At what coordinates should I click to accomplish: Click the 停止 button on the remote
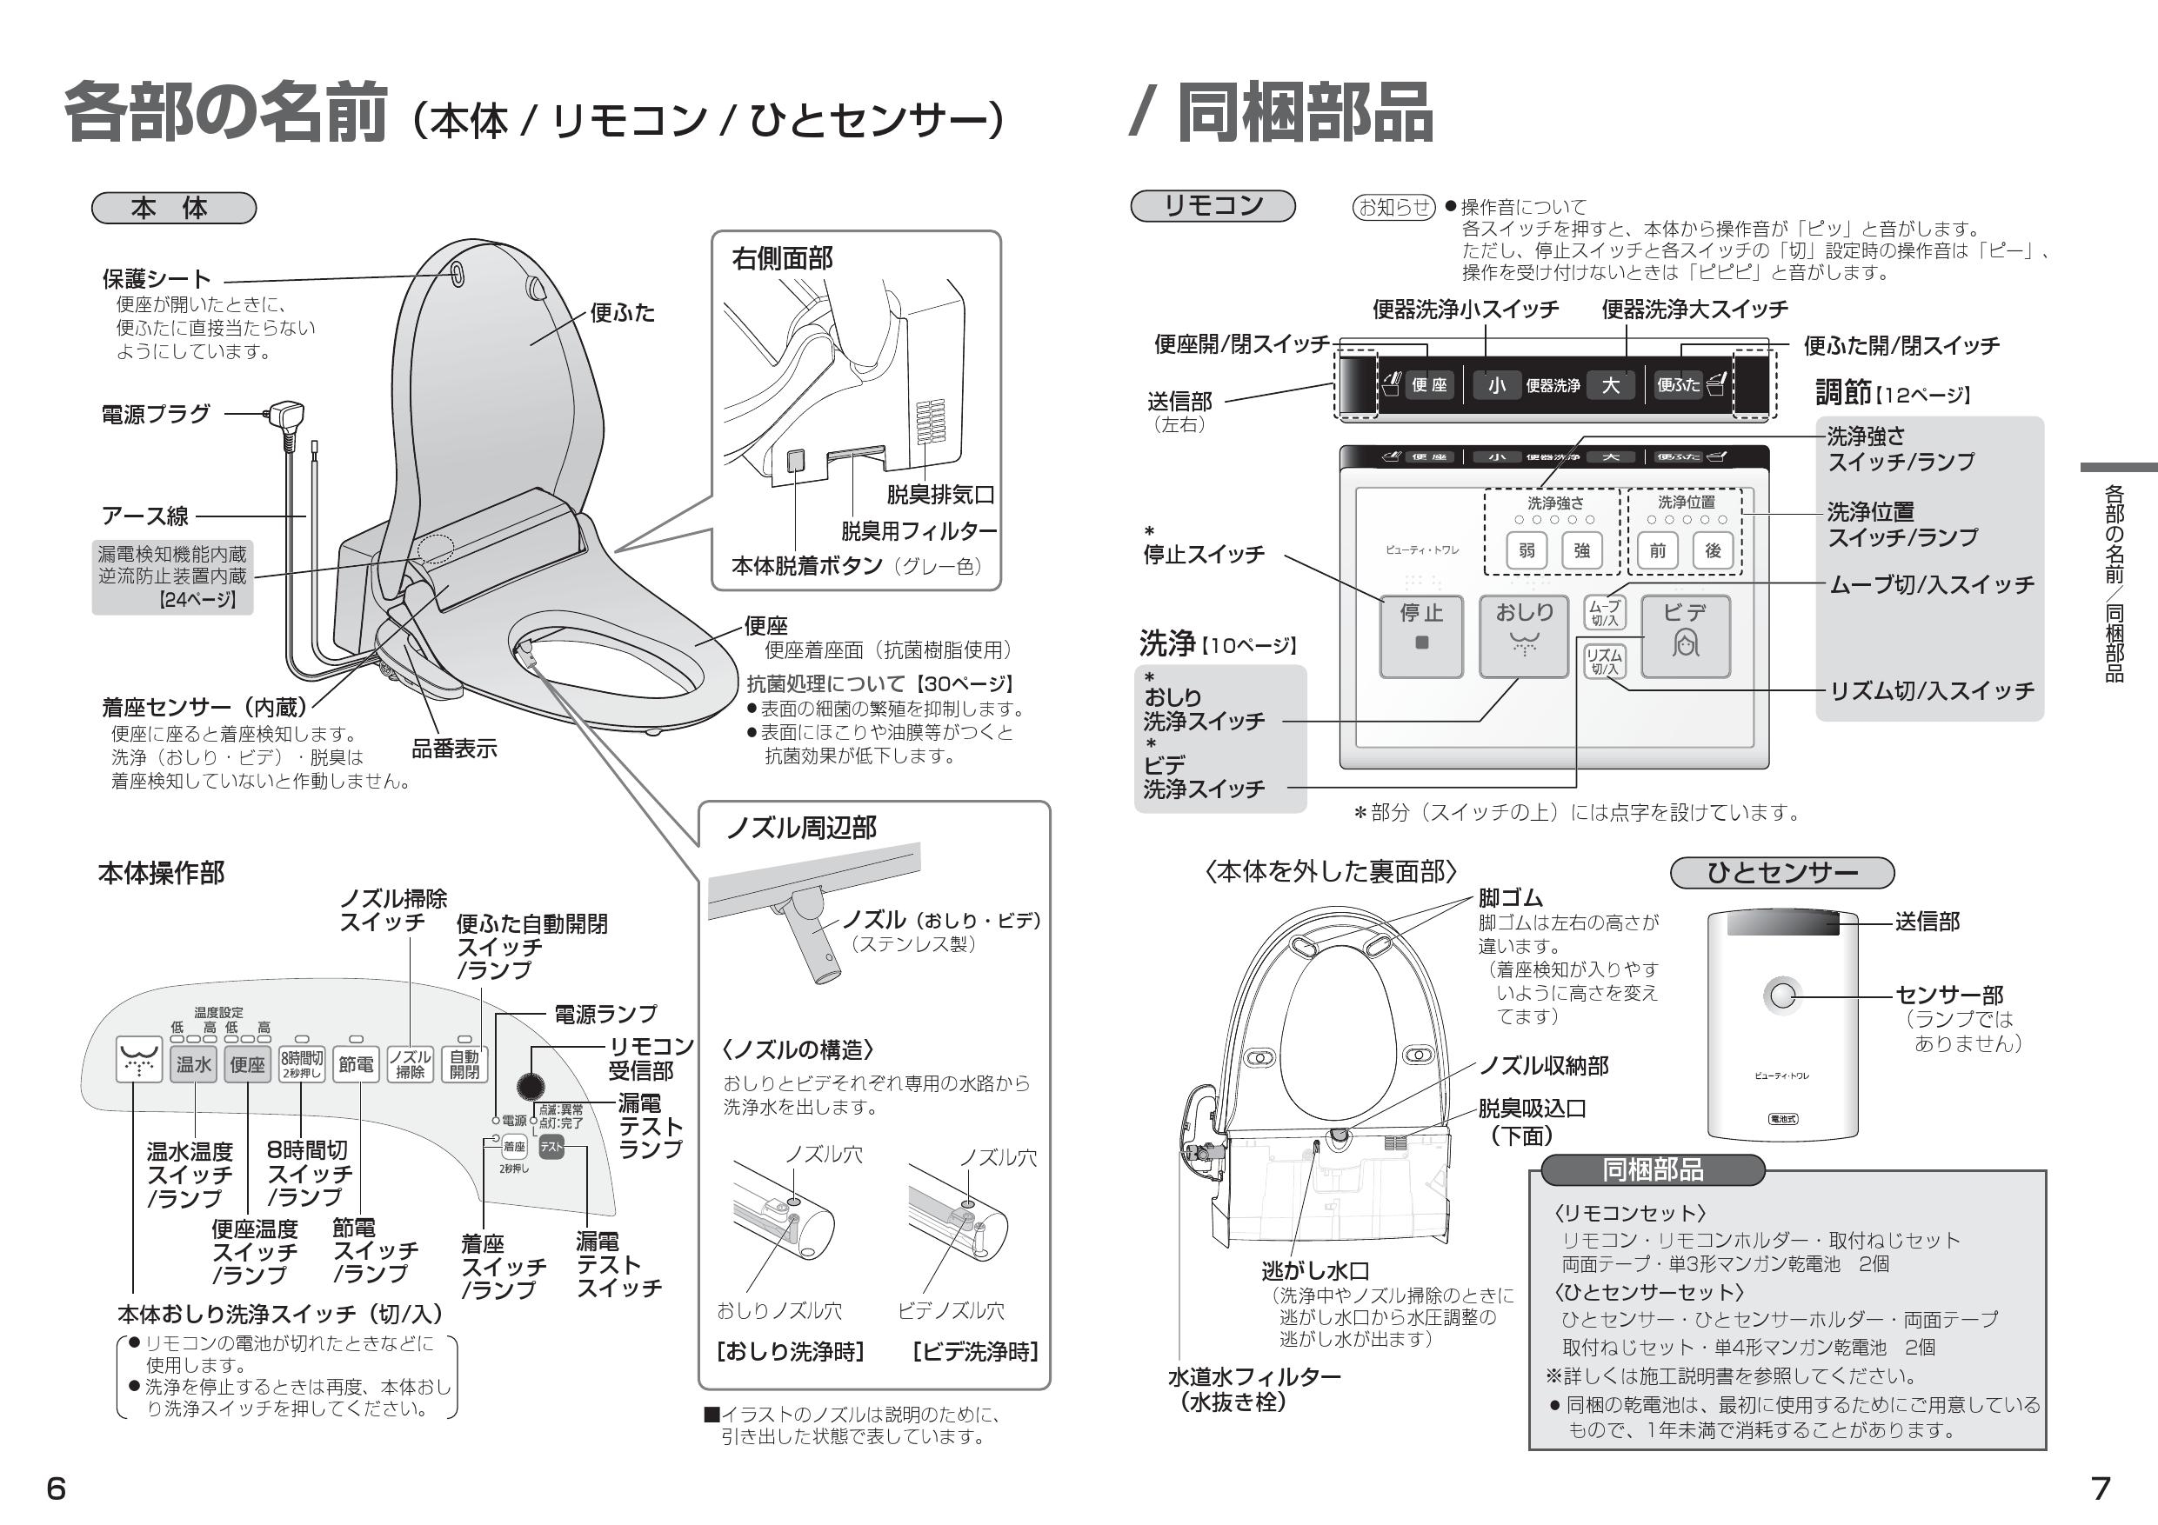pos(1420,636)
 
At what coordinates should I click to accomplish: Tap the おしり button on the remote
pos(1524,636)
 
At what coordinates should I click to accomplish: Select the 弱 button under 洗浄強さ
pos(1527,550)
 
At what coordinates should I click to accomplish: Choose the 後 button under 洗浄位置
pos(1713,550)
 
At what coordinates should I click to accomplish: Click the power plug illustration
pos(284,414)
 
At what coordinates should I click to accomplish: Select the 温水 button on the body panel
pos(194,1063)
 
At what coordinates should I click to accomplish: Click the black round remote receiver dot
pos(531,1087)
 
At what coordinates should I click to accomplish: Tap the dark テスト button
pos(551,1146)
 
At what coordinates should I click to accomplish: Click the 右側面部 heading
pos(782,258)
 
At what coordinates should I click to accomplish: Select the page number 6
pos(57,1488)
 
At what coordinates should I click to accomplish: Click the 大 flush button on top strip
pos(1610,385)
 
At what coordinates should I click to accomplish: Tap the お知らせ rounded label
pos(1393,207)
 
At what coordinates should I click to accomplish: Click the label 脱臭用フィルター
pos(919,531)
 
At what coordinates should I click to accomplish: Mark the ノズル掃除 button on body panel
pos(410,1063)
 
